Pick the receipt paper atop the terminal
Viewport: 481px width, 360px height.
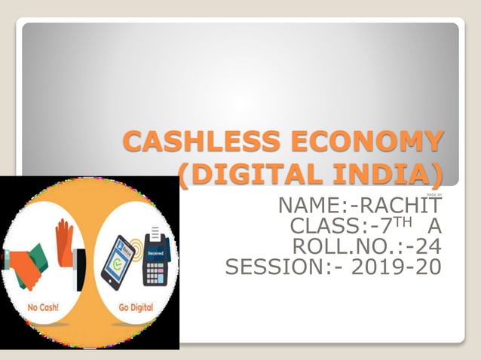[157, 233]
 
